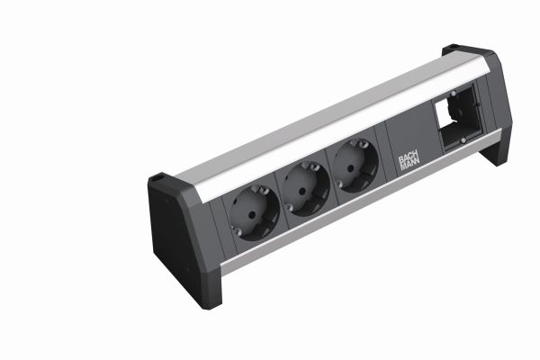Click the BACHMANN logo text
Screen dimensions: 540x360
409,163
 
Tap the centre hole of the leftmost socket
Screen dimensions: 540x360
252,214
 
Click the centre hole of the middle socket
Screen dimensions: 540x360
301,191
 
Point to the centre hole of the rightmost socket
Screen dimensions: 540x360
350,168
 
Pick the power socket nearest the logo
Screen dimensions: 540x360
355,166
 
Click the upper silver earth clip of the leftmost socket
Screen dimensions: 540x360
263,191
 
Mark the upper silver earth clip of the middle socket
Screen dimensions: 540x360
312,167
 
